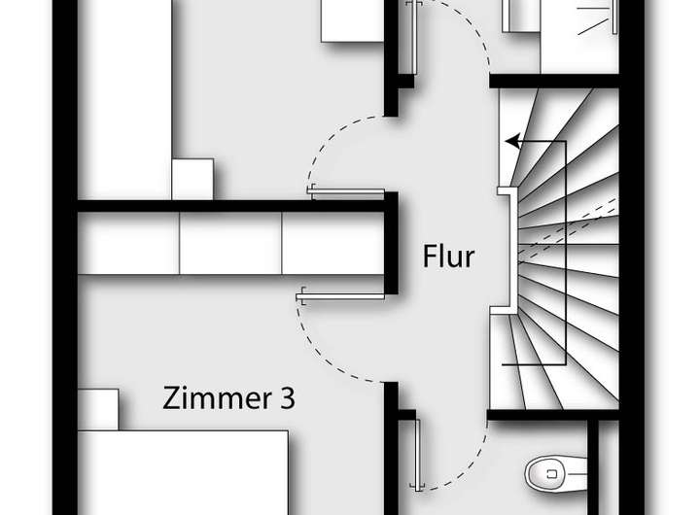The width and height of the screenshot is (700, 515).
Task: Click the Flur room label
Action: tap(448, 258)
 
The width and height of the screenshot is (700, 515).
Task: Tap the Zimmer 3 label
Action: tap(229, 398)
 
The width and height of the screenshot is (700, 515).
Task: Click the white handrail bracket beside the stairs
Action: tap(506, 250)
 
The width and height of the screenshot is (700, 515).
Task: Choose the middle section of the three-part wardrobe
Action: tap(231, 243)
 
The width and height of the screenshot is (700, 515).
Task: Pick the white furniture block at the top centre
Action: tap(351, 20)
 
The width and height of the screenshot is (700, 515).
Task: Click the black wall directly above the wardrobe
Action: tap(233, 205)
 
